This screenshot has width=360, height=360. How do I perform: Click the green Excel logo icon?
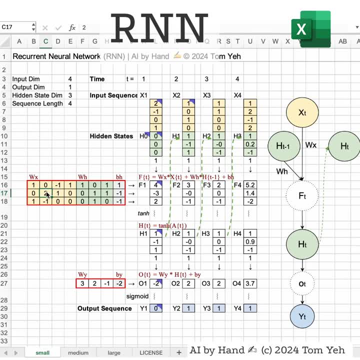tap(310, 29)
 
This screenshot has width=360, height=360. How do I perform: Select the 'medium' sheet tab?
tap(78, 352)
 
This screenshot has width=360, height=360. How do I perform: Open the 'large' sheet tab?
tap(114, 352)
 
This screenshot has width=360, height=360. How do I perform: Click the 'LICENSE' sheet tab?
tap(150, 352)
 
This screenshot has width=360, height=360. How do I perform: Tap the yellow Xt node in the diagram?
tap(302, 113)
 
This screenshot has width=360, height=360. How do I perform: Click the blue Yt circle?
tap(302, 317)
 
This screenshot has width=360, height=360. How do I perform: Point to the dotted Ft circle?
tap(302, 196)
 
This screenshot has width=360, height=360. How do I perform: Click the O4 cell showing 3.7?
tap(250, 284)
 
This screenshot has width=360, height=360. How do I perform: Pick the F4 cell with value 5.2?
tap(250, 185)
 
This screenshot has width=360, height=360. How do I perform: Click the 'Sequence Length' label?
tap(37, 103)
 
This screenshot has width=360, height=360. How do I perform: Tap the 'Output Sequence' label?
tap(104, 308)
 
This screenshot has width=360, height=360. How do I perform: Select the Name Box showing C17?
tap(15, 27)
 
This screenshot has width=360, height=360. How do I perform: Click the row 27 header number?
tap(4, 284)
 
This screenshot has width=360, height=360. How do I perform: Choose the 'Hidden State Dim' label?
tap(37, 95)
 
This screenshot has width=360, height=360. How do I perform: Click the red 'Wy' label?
tap(82, 275)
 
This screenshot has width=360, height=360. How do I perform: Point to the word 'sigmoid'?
tap(137, 296)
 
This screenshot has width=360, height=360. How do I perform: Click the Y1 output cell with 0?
tap(156, 308)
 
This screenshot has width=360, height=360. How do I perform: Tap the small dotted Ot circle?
tap(302, 283)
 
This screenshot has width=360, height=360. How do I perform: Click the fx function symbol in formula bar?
tap(72, 28)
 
